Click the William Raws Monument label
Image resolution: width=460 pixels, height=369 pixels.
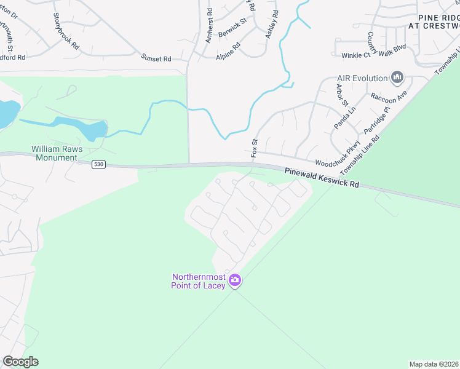coord(55,153)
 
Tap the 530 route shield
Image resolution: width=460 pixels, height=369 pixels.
coord(98,165)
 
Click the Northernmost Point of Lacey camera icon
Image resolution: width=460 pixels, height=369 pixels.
coord(234,280)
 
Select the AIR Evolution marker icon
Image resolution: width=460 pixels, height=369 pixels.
coord(397,78)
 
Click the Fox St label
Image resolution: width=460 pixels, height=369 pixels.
coord(253,148)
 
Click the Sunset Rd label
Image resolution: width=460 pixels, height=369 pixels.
coord(156,58)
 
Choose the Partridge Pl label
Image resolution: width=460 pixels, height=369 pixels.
coord(376,121)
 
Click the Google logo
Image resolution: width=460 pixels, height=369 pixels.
coord(20,362)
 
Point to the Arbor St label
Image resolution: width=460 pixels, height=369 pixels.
coord(342,94)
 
